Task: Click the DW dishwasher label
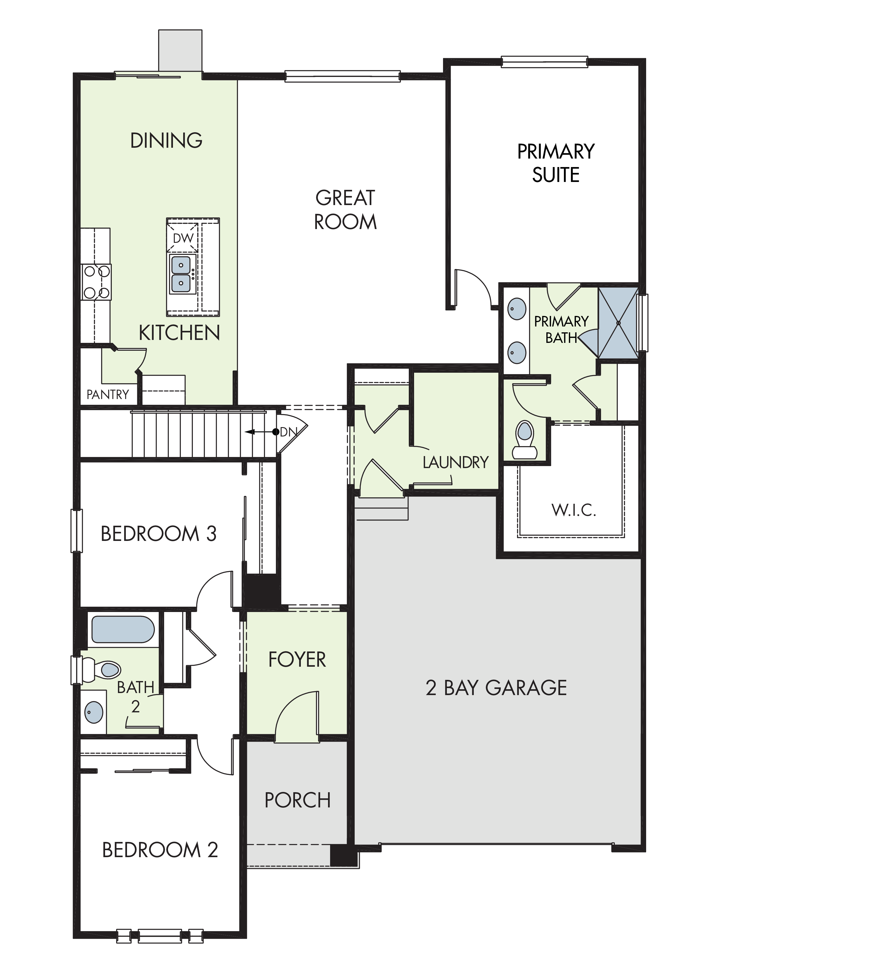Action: [183, 238]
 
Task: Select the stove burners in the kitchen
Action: [96, 282]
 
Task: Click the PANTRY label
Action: [108, 394]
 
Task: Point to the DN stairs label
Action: [288, 432]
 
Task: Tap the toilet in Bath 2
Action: [100, 670]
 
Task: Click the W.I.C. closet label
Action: [574, 510]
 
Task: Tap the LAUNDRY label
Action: [456, 462]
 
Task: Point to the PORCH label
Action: [297, 800]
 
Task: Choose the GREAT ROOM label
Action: [345, 210]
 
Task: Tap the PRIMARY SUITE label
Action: [556, 163]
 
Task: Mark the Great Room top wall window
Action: [342, 76]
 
